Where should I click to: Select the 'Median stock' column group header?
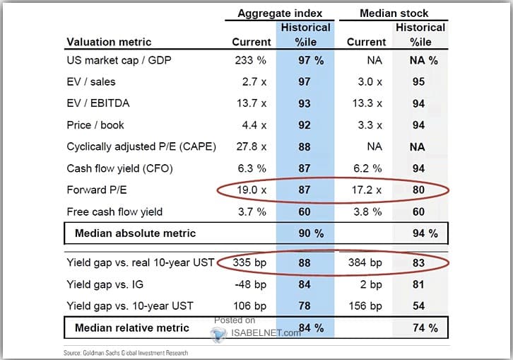[x=394, y=13]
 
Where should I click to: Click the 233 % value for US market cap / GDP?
[x=250, y=61]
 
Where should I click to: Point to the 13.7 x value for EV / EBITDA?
[x=250, y=103]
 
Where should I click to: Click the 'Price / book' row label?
[x=95, y=125]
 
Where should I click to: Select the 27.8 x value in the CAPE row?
[x=250, y=146]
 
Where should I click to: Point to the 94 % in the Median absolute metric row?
[x=422, y=233]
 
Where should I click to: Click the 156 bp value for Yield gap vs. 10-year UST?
[x=366, y=306]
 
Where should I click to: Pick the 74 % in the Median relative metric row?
[x=422, y=327]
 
